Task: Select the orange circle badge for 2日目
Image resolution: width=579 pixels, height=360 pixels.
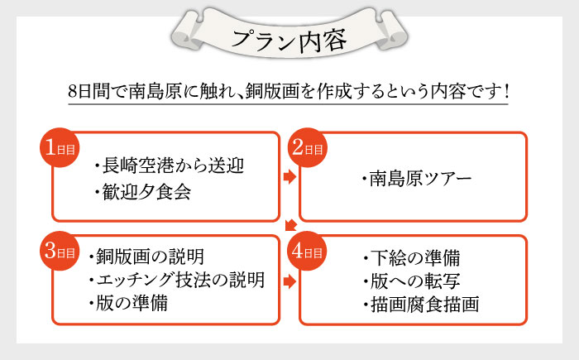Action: [307, 149]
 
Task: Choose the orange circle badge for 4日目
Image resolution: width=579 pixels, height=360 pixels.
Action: [307, 252]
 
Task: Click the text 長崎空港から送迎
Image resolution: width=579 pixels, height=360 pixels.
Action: [173, 164]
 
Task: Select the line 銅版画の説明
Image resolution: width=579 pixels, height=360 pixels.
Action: [150, 255]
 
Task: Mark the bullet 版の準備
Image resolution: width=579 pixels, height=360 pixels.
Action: [132, 303]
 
